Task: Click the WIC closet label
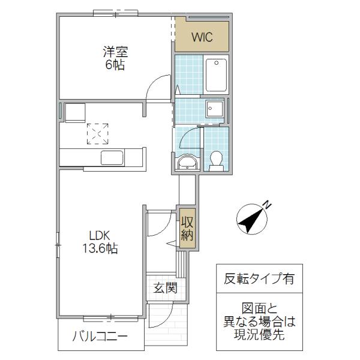coord(202,37)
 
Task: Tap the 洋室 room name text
coord(115,52)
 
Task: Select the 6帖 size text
coord(115,65)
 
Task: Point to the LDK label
coord(100,236)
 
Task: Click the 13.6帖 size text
coord(100,248)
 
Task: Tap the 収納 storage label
coord(187,229)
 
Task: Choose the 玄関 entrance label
coord(166,287)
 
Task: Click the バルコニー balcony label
coord(100,337)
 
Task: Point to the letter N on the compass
coord(266,204)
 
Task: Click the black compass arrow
coord(250,220)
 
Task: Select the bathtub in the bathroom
coord(216,76)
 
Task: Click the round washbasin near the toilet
coord(188,163)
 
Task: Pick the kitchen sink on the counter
coord(112,158)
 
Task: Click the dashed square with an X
coord(98,134)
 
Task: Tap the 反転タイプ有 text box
coord(259,278)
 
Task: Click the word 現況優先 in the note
coord(259,334)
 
